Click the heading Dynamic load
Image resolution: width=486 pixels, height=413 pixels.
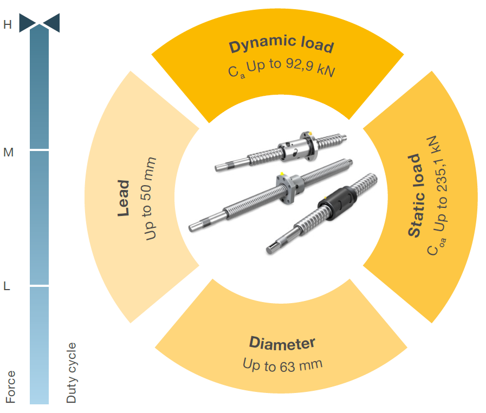(x=281, y=45)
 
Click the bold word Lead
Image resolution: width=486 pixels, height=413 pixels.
(x=124, y=198)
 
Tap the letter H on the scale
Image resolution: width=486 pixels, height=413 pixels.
(x=8, y=24)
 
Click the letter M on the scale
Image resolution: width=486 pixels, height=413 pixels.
(x=8, y=153)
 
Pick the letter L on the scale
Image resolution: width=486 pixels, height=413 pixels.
(x=7, y=287)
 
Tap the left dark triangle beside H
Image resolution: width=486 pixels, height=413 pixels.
(x=27, y=23)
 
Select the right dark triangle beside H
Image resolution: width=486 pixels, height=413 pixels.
(x=51, y=23)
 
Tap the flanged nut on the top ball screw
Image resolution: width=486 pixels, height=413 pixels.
(x=297, y=147)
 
